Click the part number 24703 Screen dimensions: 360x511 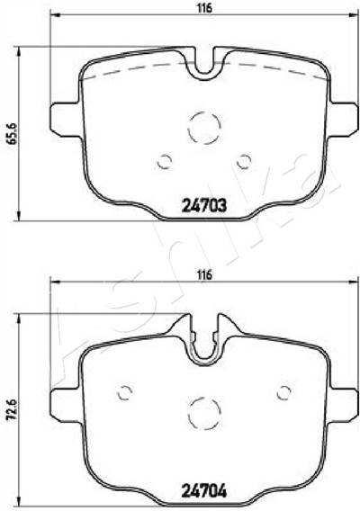click(x=203, y=206)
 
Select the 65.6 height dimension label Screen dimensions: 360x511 click(x=13, y=134)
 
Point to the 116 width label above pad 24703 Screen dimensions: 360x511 click(x=204, y=8)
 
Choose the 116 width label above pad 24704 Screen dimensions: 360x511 click(x=204, y=274)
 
